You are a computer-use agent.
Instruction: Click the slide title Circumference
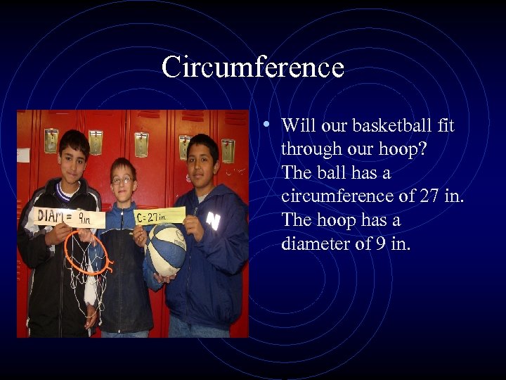(253, 68)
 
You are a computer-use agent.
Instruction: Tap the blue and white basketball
(166, 250)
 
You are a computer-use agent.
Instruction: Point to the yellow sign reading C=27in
(160, 215)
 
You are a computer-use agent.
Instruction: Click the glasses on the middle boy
(122, 180)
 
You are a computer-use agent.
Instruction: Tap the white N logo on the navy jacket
(213, 221)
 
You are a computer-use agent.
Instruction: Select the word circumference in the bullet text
(334, 196)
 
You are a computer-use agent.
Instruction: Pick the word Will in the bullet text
(297, 126)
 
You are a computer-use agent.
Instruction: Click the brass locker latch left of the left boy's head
(51, 139)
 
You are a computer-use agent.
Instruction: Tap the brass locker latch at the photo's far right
(227, 149)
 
